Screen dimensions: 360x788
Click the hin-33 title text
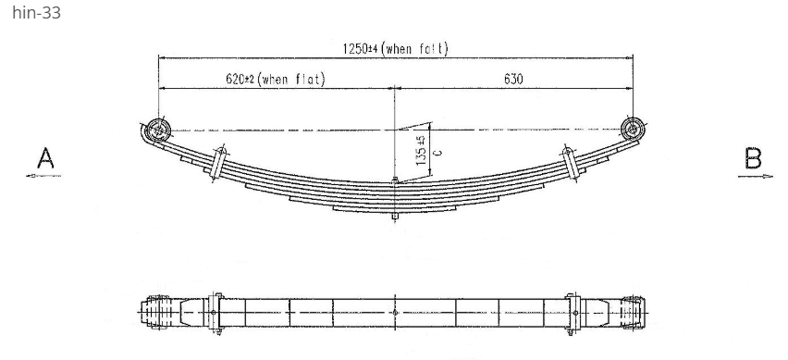pos(36,14)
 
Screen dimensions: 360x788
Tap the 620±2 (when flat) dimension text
pos(276,79)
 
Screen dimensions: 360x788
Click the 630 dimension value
pos(513,79)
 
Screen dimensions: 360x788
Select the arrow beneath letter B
pos(755,176)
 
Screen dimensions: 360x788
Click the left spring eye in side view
pos(158,131)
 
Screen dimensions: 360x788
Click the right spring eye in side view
pos(633,129)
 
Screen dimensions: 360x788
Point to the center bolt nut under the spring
pos(395,217)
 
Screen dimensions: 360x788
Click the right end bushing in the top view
pos(634,313)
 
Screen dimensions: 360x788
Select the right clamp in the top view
pos(573,313)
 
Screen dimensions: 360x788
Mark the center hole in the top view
pos(395,313)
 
